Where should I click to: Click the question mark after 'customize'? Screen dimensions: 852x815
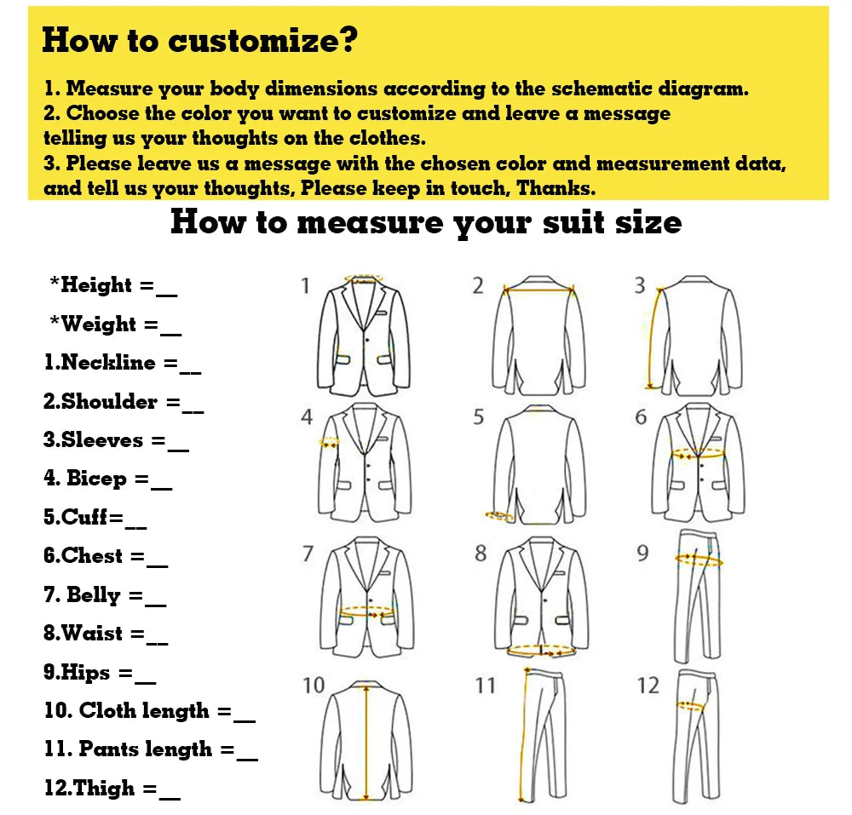coord(348,39)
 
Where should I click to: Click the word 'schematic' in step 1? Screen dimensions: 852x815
coord(602,89)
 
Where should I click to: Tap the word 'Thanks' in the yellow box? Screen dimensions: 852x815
coord(556,188)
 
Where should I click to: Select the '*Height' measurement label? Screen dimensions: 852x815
coord(91,284)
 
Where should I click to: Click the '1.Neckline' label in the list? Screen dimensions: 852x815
coord(100,362)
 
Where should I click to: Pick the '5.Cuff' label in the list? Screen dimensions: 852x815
coord(76,516)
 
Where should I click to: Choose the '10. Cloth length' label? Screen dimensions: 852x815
coord(127,710)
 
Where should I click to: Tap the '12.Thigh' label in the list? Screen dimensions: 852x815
coord(89,787)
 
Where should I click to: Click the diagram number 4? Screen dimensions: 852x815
coord(307,417)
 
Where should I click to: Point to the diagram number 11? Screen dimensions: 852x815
coord(486,686)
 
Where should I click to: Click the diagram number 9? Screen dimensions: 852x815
coord(642,553)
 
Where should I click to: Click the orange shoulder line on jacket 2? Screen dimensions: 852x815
coord(539,290)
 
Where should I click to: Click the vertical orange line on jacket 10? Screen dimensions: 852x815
coord(366,741)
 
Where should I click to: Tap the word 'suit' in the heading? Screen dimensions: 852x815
coord(573,222)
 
